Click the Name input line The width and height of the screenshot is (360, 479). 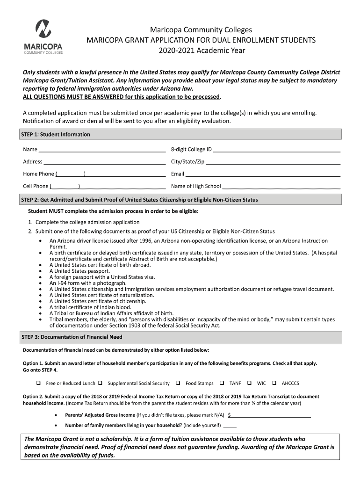(102, 150)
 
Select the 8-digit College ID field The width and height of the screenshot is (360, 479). (276, 150)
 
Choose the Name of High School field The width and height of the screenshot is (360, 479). (281, 186)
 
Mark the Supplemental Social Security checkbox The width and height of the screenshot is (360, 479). (100, 383)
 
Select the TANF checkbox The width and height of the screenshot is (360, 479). (222, 383)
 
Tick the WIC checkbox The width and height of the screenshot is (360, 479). (250, 383)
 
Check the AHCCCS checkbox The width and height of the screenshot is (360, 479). (274, 383)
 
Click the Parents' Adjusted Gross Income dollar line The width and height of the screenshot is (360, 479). (271, 414)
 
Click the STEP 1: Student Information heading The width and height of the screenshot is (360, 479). (56, 134)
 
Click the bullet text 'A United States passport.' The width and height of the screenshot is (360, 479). (80, 271)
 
